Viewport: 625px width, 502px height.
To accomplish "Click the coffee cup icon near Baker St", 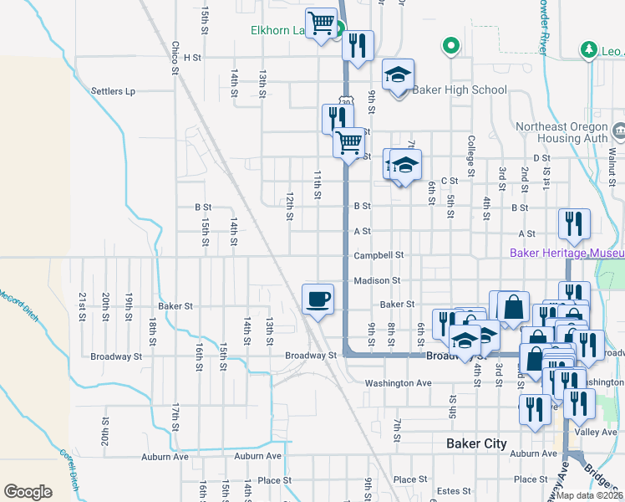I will tap(317, 299).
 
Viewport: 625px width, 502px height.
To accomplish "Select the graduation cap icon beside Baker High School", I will tap(399, 75).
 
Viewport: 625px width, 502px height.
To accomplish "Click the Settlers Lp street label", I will tap(113, 91).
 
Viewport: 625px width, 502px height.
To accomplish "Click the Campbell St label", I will tap(379, 255).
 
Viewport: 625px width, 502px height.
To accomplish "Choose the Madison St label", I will tap(377, 281).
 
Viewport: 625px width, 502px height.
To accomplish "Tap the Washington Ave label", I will tap(398, 383).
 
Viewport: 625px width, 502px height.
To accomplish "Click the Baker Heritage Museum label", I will tap(567, 252).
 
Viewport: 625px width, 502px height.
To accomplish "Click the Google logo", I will tap(28, 492).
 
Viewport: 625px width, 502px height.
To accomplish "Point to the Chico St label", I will tap(175, 58).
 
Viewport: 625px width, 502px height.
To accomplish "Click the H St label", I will tap(193, 58).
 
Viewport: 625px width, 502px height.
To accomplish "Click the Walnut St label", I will tap(612, 159).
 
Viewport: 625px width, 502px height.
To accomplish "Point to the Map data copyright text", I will tap(589, 495).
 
